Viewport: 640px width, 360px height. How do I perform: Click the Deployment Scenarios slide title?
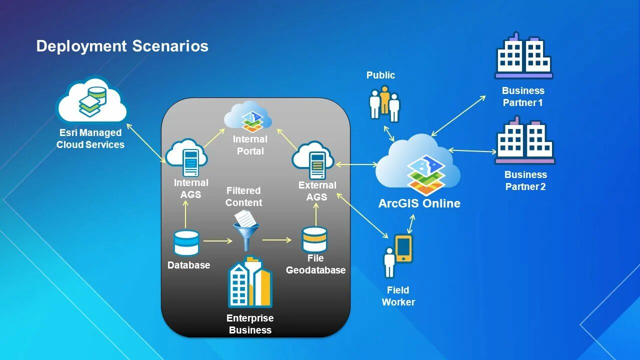click(x=122, y=46)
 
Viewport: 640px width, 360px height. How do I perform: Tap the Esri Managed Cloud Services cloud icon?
click(x=91, y=101)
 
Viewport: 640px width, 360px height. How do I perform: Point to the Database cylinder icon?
click(x=186, y=242)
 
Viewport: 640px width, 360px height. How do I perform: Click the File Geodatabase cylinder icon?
click(x=314, y=239)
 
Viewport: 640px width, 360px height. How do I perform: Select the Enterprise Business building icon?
click(x=250, y=282)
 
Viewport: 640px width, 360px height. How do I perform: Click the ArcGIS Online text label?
click(x=419, y=203)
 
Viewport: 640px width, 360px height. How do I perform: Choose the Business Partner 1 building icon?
click(x=523, y=55)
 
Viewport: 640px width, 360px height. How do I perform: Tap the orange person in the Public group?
click(x=384, y=99)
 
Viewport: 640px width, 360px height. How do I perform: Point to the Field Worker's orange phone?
click(x=403, y=248)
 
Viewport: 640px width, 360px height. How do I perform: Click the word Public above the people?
click(x=380, y=75)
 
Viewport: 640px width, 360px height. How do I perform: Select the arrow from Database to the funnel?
click(x=218, y=241)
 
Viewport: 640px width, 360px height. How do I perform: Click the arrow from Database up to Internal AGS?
click(x=186, y=214)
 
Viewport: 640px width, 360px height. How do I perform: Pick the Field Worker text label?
click(x=398, y=296)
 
